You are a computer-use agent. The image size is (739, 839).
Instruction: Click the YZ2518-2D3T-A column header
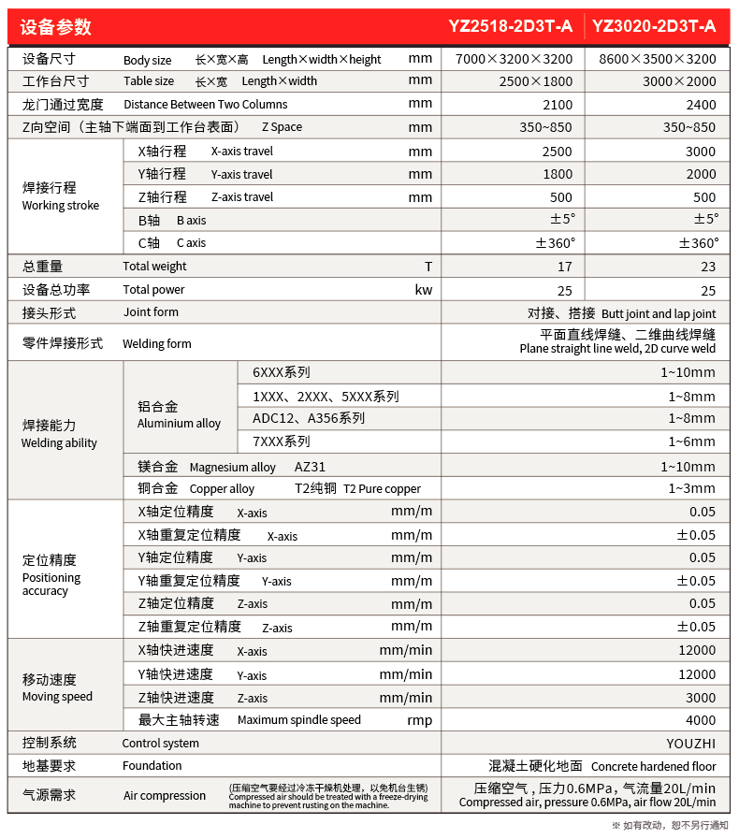pyautogui.click(x=513, y=26)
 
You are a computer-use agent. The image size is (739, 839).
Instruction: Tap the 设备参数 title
pyautogui.click(x=56, y=26)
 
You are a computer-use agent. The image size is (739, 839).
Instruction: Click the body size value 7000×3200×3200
pyautogui.click(x=514, y=59)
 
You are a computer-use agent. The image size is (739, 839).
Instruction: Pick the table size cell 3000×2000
pyautogui.click(x=679, y=81)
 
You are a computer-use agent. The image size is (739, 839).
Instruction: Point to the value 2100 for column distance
pyautogui.click(x=558, y=104)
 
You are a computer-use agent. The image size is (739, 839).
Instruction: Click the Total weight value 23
pyautogui.click(x=707, y=267)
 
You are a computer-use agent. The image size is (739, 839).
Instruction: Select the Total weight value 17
pyautogui.click(x=564, y=267)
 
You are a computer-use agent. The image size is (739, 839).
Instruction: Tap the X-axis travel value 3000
pyautogui.click(x=700, y=152)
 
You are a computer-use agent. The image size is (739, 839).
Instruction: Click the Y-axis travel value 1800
pyautogui.click(x=558, y=174)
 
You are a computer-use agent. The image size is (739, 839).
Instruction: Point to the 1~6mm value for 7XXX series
pyautogui.click(x=691, y=441)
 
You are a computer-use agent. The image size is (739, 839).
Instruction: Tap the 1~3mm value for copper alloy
pyautogui.click(x=691, y=488)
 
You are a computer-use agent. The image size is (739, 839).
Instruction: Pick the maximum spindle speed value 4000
pyautogui.click(x=700, y=720)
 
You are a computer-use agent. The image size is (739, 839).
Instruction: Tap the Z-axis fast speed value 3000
pyautogui.click(x=700, y=698)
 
